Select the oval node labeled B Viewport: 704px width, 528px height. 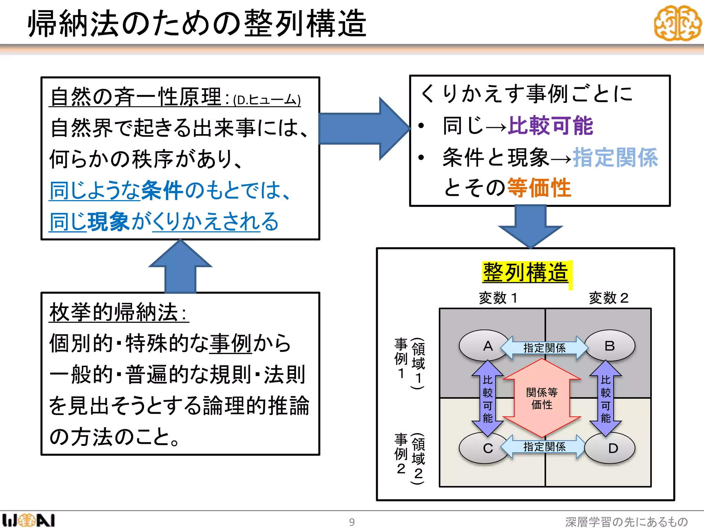[x=610, y=346]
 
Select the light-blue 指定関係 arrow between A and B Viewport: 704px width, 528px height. [x=544, y=348]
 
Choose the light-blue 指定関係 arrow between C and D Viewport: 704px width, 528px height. [x=544, y=447]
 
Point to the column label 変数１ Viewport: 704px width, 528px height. [x=498, y=298]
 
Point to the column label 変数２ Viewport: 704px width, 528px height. [x=608, y=298]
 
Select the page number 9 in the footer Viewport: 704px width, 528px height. [x=352, y=522]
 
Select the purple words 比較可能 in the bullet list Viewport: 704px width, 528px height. [x=550, y=126]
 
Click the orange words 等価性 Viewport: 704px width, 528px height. [x=539, y=188]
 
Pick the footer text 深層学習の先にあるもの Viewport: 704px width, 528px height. [x=626, y=522]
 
